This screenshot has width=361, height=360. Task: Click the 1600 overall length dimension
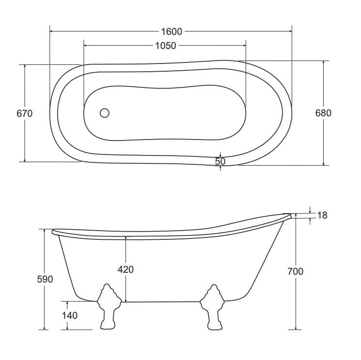[x=171, y=31]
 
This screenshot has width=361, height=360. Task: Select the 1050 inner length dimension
[x=165, y=46]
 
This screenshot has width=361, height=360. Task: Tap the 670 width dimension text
[x=25, y=114]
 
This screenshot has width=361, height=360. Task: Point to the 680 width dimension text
[x=323, y=113]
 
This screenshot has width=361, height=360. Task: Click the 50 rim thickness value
[x=220, y=161]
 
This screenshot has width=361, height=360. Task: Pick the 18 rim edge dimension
[x=322, y=215]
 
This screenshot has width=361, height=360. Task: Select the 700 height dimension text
[x=295, y=271]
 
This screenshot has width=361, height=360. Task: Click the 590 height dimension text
[x=45, y=279]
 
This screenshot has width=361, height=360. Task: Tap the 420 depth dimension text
[x=126, y=269]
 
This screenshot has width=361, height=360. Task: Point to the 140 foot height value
[x=70, y=315]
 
